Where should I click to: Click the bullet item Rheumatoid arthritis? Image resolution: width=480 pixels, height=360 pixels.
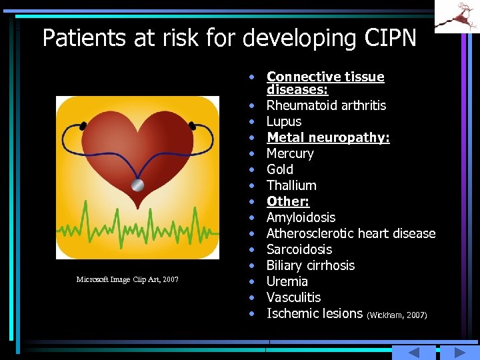coord(326,105)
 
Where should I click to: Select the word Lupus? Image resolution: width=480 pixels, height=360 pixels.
coord(284,121)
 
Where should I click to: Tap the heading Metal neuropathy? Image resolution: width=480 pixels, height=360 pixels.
coord(328,137)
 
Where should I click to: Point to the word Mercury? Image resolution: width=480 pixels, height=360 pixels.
coord(290,153)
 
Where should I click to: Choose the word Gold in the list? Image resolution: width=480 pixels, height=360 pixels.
coord(280,169)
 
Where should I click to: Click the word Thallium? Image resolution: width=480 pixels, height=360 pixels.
coord(291,185)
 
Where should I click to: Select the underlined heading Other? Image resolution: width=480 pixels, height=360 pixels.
coord(288,201)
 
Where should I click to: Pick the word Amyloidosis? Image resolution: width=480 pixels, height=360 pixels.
coord(301,217)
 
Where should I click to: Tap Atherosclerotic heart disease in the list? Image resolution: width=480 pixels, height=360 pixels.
coord(351,233)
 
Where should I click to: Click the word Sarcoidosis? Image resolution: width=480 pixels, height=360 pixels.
coord(299,249)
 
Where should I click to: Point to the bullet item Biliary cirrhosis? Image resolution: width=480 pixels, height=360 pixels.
coord(311,265)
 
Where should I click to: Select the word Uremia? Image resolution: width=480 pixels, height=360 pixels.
coord(287,281)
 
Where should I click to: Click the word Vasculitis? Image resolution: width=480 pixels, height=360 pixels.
coord(293,297)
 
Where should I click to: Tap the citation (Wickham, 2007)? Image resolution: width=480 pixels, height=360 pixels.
coord(397,315)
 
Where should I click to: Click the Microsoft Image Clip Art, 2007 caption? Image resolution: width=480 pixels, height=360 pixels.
coord(127,279)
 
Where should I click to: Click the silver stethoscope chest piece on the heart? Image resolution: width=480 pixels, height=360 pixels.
coord(137,185)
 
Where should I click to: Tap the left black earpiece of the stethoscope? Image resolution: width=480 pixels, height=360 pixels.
coord(83,125)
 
